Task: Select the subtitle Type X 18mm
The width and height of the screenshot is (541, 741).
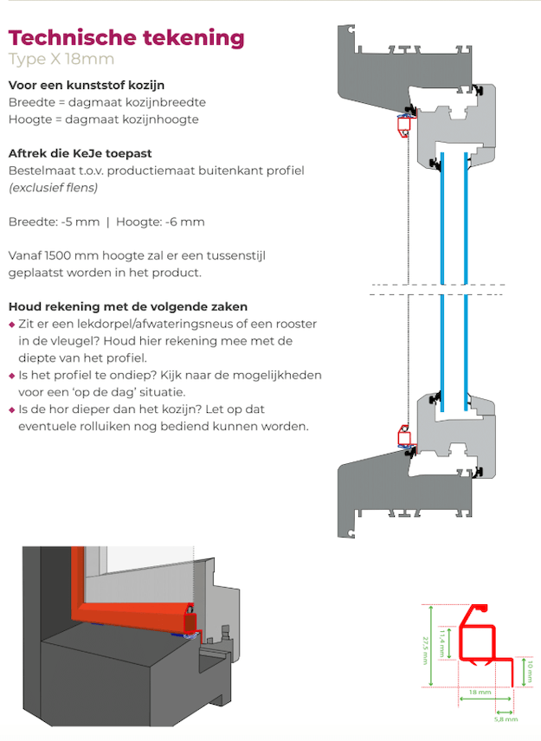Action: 61,60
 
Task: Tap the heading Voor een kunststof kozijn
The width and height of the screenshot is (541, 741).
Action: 86,86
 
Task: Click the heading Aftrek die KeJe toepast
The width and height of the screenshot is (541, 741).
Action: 80,153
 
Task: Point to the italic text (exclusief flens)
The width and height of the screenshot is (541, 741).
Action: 53,187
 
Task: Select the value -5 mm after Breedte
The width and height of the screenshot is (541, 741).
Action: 81,222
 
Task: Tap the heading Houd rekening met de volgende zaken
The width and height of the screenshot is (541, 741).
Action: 127,306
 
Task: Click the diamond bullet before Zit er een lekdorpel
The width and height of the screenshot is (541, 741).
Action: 11,324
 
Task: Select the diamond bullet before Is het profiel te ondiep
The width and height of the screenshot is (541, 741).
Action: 11,376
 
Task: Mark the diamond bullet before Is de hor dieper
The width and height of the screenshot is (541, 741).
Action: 11,410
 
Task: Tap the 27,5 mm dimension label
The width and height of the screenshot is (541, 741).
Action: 425,646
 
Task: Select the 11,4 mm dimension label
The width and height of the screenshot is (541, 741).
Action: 441,641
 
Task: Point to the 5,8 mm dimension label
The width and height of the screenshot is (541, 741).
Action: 506,718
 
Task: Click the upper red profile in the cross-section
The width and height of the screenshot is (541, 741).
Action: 403,126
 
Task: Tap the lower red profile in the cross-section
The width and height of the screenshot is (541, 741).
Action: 403,435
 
